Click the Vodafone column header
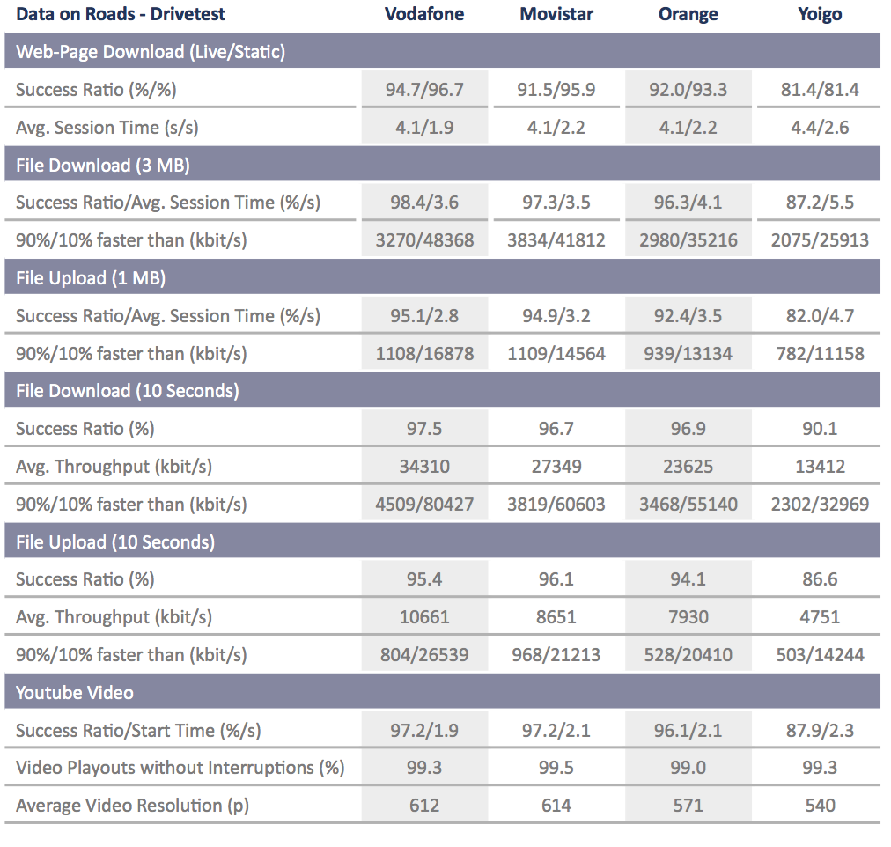click(x=423, y=14)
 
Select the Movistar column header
click(x=556, y=14)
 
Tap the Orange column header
click(x=688, y=14)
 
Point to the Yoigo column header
click(x=820, y=14)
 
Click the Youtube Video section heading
click(x=75, y=693)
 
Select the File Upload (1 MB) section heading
click(x=91, y=278)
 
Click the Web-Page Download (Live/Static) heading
click(x=151, y=52)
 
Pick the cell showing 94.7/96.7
click(x=424, y=90)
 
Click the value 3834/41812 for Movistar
click(x=556, y=240)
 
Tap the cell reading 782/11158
click(x=820, y=354)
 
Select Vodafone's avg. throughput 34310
click(x=424, y=467)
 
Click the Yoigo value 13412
click(x=820, y=467)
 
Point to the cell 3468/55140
click(x=688, y=505)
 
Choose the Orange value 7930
click(x=688, y=617)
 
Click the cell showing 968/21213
click(x=556, y=655)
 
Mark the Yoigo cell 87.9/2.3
click(x=820, y=731)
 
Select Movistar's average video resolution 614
click(x=556, y=806)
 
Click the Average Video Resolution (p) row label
click(x=132, y=806)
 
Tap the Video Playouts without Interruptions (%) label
click(x=180, y=768)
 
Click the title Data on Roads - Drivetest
click(x=121, y=14)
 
